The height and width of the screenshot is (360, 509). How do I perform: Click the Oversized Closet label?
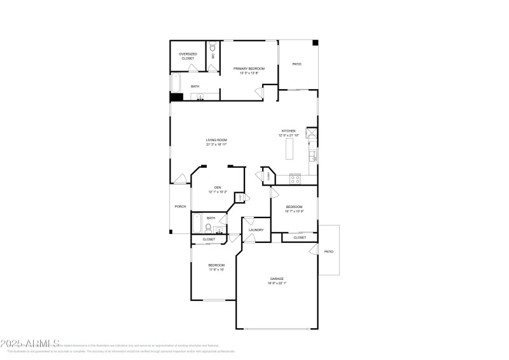click(188, 56)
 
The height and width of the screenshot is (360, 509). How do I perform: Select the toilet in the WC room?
click(213, 48)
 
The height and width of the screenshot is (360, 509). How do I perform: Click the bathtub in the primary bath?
click(176, 83)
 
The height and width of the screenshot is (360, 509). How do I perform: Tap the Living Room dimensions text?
click(216, 144)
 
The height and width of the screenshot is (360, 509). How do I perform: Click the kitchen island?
click(289, 149)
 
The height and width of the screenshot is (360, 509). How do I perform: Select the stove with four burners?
click(295, 179)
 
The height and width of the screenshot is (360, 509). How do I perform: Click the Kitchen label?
click(289, 131)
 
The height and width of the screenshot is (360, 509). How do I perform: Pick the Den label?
click(218, 187)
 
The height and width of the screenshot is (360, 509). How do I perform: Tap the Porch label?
click(180, 207)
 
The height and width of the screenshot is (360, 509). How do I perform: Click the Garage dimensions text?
click(277, 283)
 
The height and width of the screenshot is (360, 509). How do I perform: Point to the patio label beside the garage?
click(328, 251)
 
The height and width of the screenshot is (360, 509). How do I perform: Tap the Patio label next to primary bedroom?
click(296, 64)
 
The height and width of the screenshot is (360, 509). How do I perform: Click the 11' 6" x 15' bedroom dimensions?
click(216, 270)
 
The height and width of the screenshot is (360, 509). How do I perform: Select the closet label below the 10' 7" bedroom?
click(300, 237)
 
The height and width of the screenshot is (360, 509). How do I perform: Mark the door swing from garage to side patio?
click(314, 251)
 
